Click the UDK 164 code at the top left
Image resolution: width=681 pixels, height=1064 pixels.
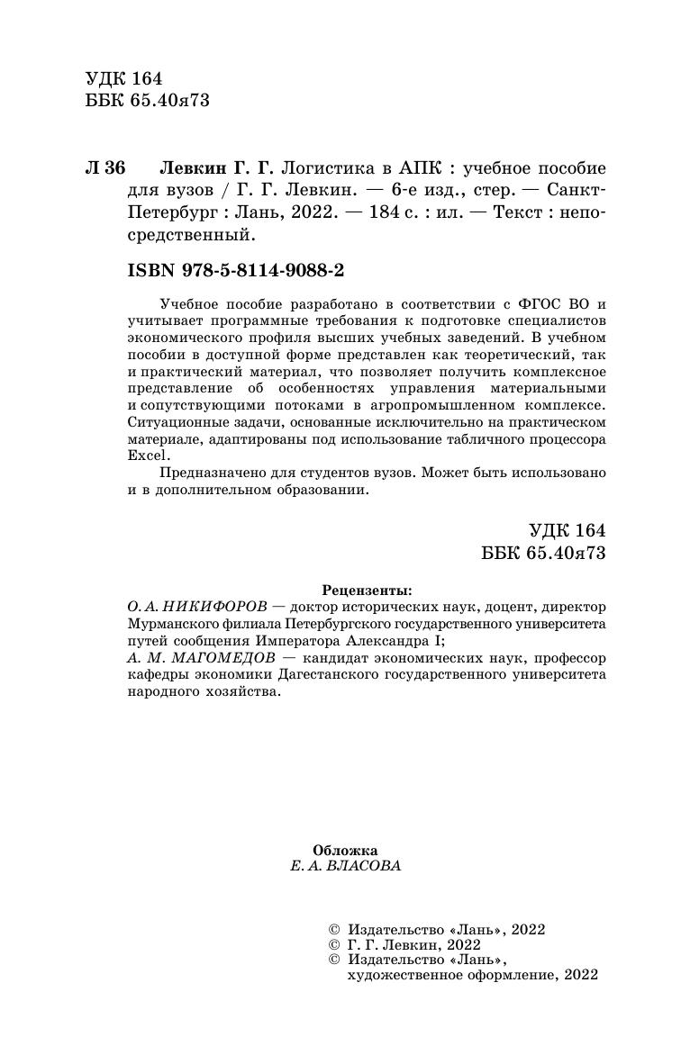point(123,77)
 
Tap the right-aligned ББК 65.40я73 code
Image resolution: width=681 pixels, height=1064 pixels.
point(543,553)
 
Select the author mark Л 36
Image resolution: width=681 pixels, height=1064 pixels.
point(104,169)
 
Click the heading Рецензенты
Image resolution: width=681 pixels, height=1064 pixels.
point(370,591)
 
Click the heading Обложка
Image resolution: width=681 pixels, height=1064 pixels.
point(344,850)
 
